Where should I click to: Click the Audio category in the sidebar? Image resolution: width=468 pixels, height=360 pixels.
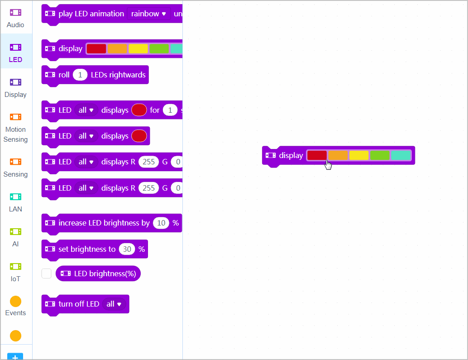pos(15,18)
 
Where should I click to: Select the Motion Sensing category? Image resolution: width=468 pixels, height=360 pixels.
pos(15,128)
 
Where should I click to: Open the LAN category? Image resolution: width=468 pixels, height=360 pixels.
pos(15,202)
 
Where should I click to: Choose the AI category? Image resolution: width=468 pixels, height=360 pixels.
pos(15,237)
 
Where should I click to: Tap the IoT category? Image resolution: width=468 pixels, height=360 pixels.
pos(15,272)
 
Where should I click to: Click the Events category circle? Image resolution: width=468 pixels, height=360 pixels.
pos(15,302)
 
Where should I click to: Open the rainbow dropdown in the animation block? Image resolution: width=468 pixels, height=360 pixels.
pos(148,14)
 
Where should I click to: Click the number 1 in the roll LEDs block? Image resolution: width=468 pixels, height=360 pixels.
pos(80,75)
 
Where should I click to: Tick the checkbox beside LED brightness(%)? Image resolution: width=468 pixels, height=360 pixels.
pos(46,274)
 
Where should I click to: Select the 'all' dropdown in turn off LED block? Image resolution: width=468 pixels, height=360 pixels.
pos(114,304)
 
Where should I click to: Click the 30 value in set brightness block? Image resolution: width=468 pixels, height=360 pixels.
pos(127,249)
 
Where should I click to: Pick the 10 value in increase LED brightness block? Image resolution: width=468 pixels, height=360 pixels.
pos(161,223)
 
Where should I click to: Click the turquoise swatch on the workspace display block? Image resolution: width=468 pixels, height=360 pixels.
pos(401,155)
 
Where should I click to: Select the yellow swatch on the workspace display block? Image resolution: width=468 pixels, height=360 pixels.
pos(358,155)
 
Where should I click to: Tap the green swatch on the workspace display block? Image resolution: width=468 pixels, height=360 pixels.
pos(380,155)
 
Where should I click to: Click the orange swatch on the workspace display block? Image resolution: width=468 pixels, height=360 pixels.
pos(338,155)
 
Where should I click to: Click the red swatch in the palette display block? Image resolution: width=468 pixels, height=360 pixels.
pos(96,49)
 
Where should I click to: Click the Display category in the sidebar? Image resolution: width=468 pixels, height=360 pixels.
pos(15,87)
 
